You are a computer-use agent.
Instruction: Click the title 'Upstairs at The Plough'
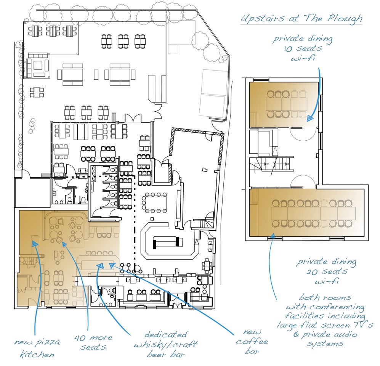pyautogui.click(x=301, y=18)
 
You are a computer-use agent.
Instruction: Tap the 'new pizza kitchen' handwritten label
pyautogui.click(x=34, y=348)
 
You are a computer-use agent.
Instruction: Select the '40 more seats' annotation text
pyautogui.click(x=93, y=342)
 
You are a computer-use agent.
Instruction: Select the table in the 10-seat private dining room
pyautogui.click(x=286, y=104)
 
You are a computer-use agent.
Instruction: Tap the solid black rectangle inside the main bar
pyautogui.click(x=166, y=242)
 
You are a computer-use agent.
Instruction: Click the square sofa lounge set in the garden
pyautogui.click(x=38, y=67)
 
